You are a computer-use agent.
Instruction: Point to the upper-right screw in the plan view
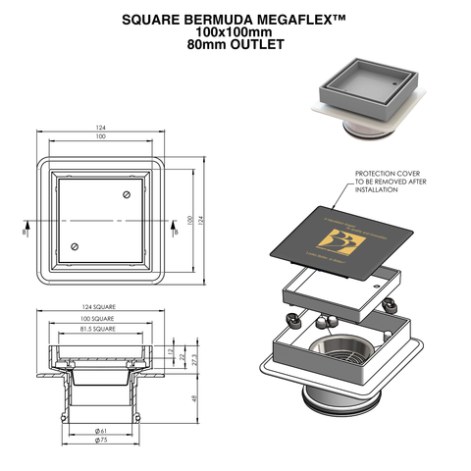125,197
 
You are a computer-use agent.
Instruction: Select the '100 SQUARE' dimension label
99,319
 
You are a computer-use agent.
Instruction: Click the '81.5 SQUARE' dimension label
99,330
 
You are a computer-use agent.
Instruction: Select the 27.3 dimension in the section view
194,358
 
